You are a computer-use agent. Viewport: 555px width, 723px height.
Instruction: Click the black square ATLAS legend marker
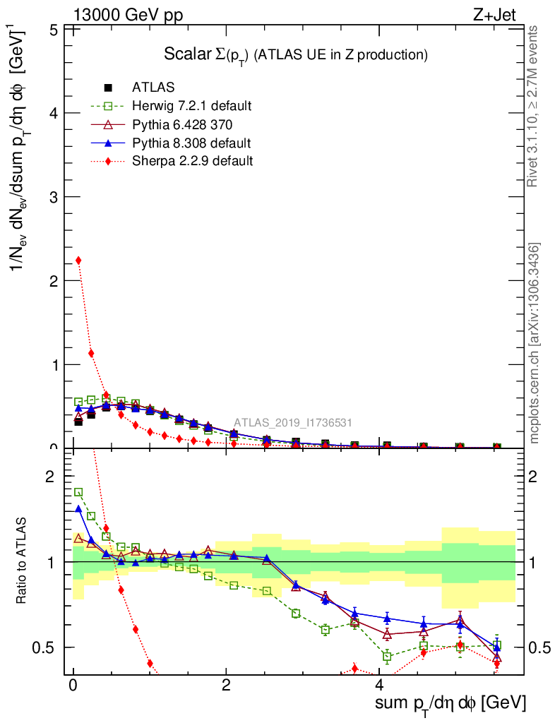108,88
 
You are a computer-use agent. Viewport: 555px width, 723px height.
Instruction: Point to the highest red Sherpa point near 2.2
78,261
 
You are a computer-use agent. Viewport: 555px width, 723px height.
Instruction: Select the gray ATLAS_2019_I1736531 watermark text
293,423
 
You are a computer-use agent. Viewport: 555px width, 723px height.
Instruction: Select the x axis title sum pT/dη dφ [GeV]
450,703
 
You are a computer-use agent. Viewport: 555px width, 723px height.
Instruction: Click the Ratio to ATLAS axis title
22,561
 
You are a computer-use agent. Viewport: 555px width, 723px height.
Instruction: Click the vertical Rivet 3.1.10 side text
532,106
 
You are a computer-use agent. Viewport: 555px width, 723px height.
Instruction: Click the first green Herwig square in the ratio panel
78,492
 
